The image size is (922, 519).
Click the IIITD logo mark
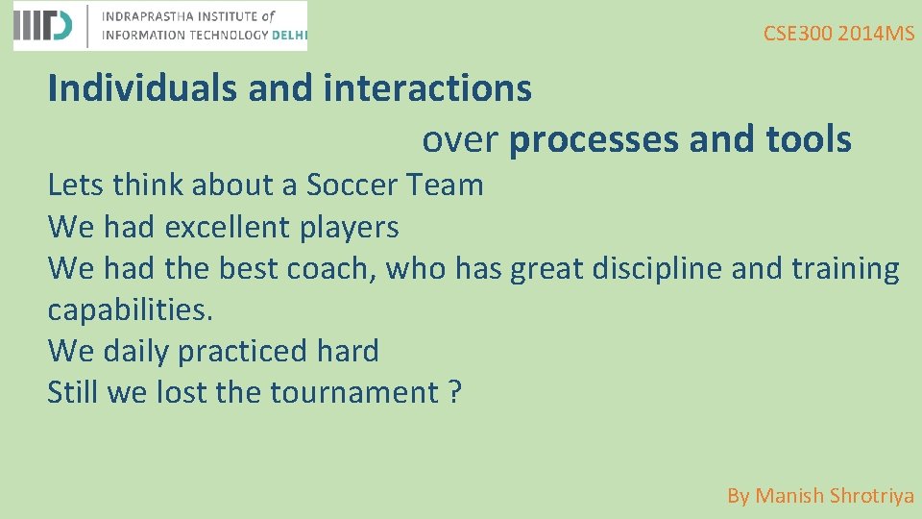click(43, 26)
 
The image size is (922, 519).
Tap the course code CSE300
click(798, 34)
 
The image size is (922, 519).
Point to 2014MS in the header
click(876, 34)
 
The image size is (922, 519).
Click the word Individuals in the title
click(143, 88)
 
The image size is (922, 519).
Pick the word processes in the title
click(594, 139)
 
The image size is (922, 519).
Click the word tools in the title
click(809, 139)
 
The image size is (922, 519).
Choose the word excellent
click(228, 227)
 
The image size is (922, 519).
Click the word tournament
click(354, 392)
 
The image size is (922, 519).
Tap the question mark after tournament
click(454, 392)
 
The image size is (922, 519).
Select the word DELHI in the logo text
click(289, 35)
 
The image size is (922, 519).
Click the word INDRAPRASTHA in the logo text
click(146, 16)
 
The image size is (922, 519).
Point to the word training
click(845, 268)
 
